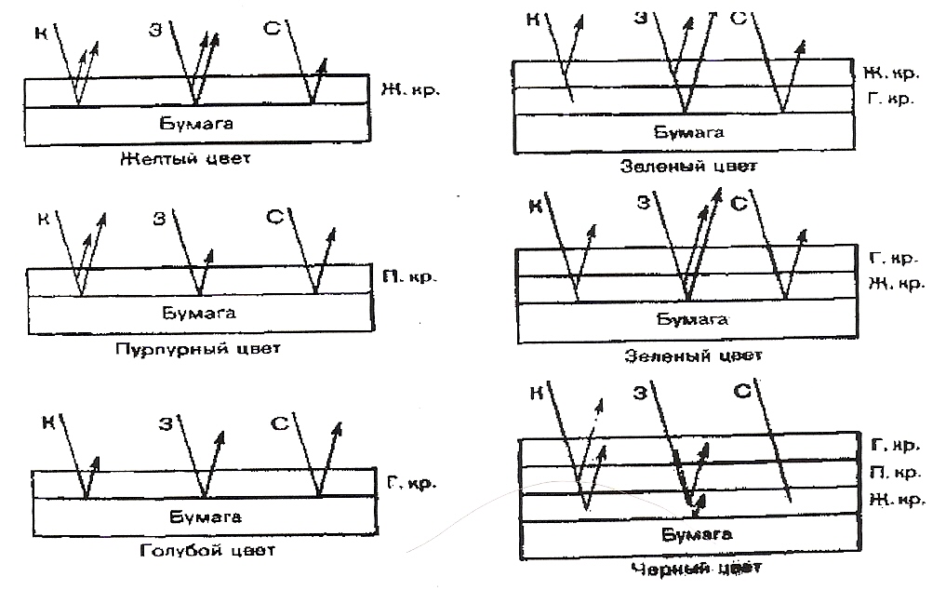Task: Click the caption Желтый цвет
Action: [x=185, y=158]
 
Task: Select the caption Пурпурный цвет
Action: [x=199, y=348]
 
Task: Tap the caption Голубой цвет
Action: [x=208, y=549]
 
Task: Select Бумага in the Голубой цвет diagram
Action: [x=207, y=516]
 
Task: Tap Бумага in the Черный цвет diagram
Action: [x=697, y=534]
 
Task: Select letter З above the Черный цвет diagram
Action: [x=640, y=394]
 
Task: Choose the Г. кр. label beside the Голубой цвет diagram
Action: [x=409, y=483]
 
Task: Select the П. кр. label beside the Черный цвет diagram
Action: [x=895, y=472]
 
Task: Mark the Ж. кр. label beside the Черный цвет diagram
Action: [x=895, y=500]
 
